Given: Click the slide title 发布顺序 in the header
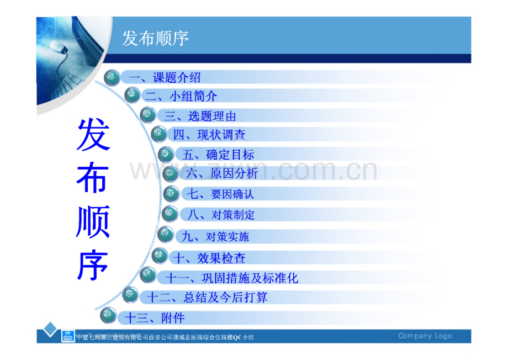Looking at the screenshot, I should coord(155,38).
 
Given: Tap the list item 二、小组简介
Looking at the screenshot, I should coord(181,96).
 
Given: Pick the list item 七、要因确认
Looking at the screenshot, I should coord(220,194).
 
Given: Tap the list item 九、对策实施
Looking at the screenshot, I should coord(215,237).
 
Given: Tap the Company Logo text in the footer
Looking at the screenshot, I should coord(425,336).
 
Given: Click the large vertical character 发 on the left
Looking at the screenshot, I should coord(93,135).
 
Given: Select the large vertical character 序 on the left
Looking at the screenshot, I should coord(93,264).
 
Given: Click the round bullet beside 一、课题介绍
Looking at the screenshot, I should coord(112,78).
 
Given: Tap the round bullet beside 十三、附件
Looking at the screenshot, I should coord(109,317).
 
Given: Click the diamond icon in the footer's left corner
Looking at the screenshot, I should coord(51,330).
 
